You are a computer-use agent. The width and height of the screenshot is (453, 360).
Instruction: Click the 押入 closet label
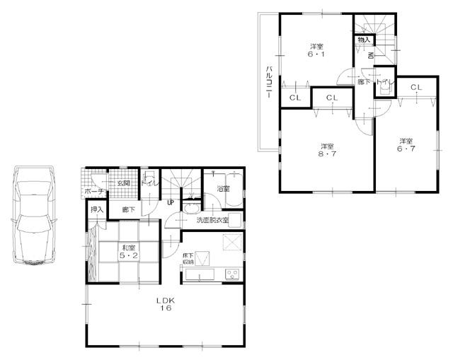tap(97, 210)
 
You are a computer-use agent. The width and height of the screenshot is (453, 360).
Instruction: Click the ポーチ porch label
tap(93, 191)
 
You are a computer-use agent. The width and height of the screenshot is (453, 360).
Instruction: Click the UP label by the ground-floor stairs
tap(171, 203)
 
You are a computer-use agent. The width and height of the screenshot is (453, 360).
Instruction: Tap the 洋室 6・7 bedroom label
tap(406, 144)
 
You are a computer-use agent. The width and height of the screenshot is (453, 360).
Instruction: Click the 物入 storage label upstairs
tap(363, 40)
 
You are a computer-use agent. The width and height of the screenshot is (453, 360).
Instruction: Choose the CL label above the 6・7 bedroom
tap(416, 87)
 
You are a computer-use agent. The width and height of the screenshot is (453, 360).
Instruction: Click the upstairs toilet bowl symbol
tap(383, 82)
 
